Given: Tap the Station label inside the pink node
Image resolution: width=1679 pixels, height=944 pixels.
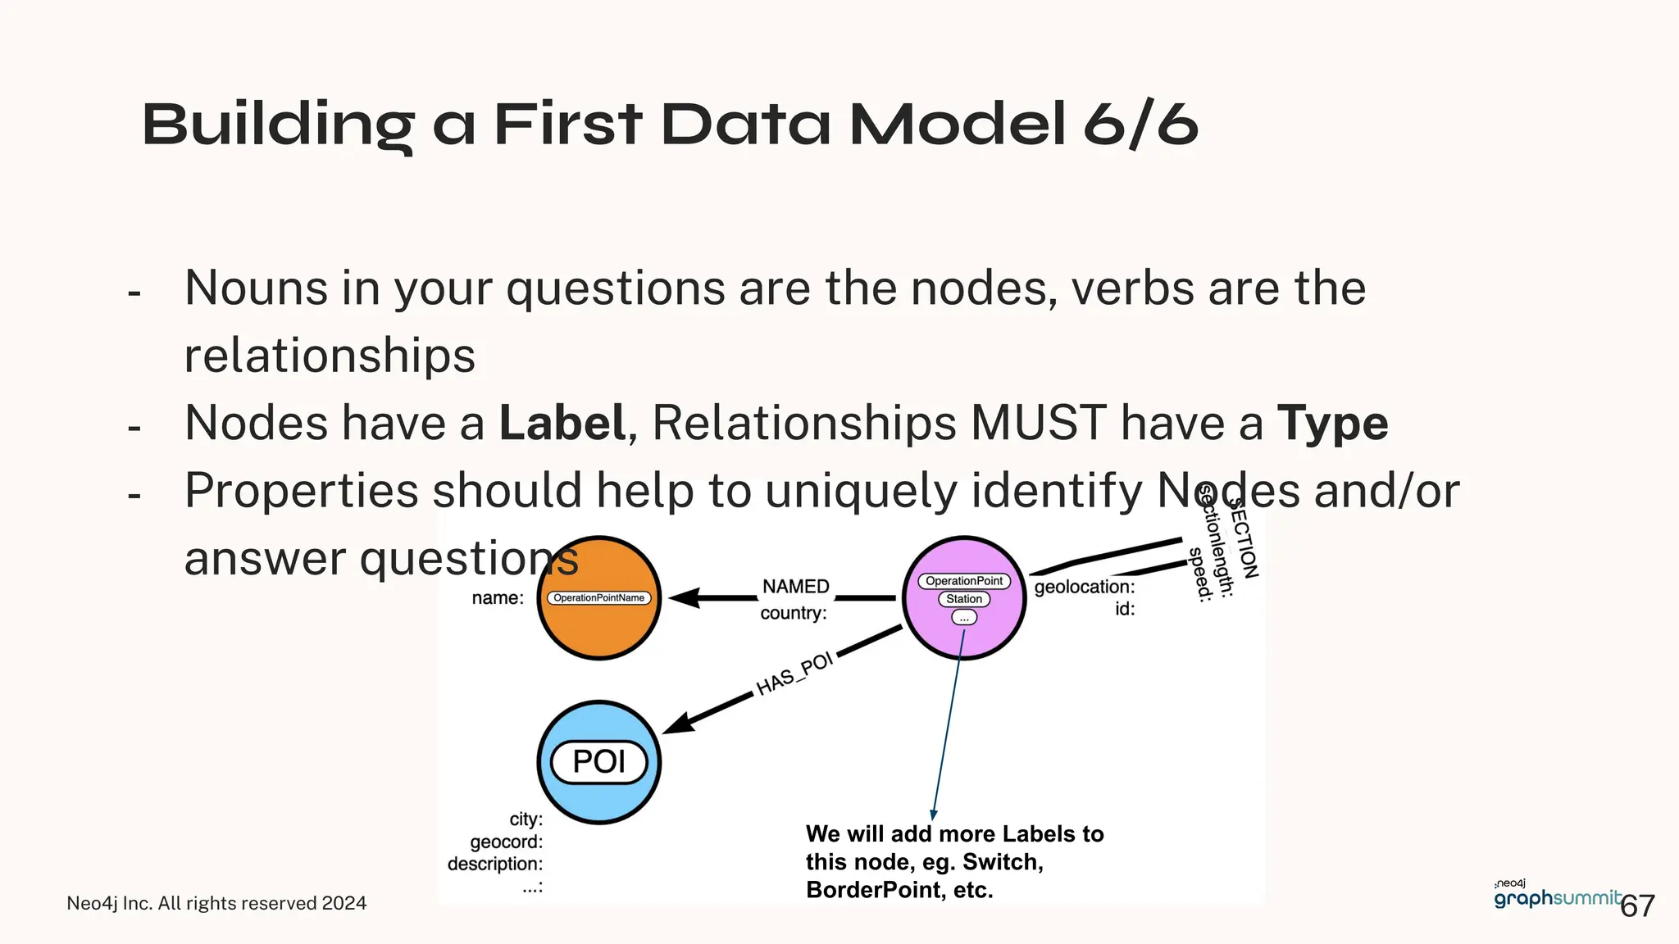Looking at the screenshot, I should click(964, 599).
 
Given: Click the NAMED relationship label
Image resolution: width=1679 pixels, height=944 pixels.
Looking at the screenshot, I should click(795, 587).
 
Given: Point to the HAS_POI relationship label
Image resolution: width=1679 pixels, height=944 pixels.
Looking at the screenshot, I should click(794, 674).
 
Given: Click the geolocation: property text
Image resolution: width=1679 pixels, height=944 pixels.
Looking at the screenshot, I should click(1084, 587).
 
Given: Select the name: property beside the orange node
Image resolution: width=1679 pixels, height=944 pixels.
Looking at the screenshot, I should click(498, 598).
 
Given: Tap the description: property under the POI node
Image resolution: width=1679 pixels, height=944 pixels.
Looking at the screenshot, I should click(495, 864).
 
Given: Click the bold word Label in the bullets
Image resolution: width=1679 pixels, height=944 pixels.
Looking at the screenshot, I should click(562, 424).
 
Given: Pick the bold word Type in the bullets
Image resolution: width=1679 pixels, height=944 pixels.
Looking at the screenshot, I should click(1332, 424).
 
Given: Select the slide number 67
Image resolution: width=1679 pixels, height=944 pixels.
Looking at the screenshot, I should click(1637, 906).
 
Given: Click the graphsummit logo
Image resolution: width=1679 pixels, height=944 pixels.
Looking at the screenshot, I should click(1556, 898).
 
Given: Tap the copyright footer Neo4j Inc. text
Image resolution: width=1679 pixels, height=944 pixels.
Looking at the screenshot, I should click(216, 903).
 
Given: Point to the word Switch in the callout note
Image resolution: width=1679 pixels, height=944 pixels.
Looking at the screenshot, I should click(1001, 862).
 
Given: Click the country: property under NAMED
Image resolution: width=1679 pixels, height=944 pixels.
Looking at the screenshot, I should click(793, 613).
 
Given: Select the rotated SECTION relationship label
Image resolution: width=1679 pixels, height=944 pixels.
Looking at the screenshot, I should click(1244, 538).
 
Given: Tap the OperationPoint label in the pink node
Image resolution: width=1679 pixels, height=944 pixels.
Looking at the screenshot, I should click(964, 581).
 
